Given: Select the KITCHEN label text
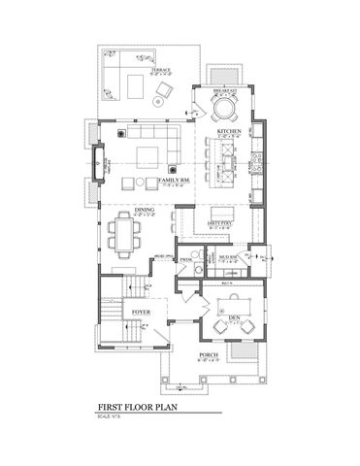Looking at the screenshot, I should point(229,129).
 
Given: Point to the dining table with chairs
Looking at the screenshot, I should point(125,232).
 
